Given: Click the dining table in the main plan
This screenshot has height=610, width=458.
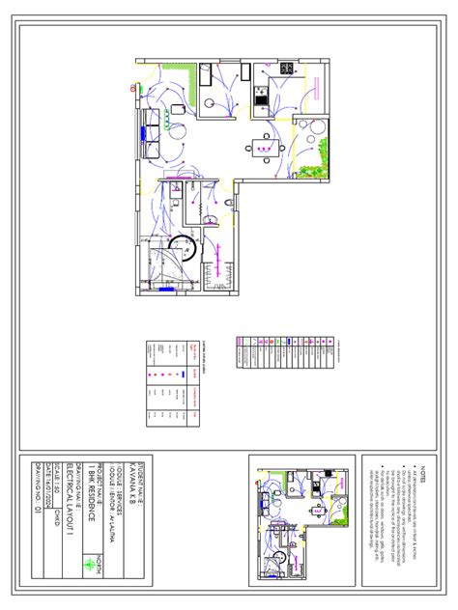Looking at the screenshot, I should point(263,148).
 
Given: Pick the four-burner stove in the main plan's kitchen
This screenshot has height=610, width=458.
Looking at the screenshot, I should point(286,69).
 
